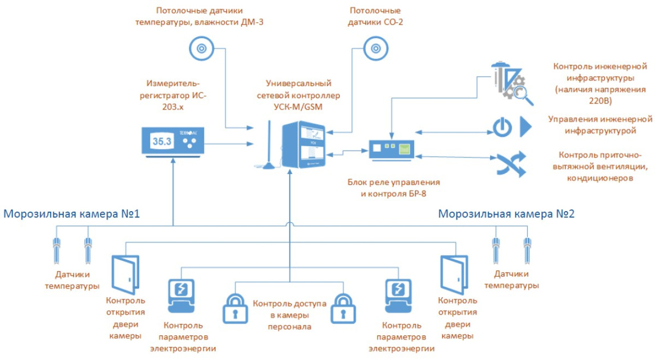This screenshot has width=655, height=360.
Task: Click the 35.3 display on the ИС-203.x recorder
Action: [x=161, y=142]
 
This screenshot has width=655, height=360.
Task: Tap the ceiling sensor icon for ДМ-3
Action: [x=200, y=48]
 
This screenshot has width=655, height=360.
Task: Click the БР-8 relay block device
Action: [x=391, y=149]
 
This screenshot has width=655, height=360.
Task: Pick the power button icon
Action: [x=500, y=128]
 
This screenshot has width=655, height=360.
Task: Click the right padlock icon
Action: [x=345, y=309]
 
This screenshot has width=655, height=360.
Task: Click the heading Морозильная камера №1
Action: [x=72, y=215]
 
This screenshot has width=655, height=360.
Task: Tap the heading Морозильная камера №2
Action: [x=506, y=215]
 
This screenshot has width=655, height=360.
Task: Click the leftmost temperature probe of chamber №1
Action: [x=57, y=248]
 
